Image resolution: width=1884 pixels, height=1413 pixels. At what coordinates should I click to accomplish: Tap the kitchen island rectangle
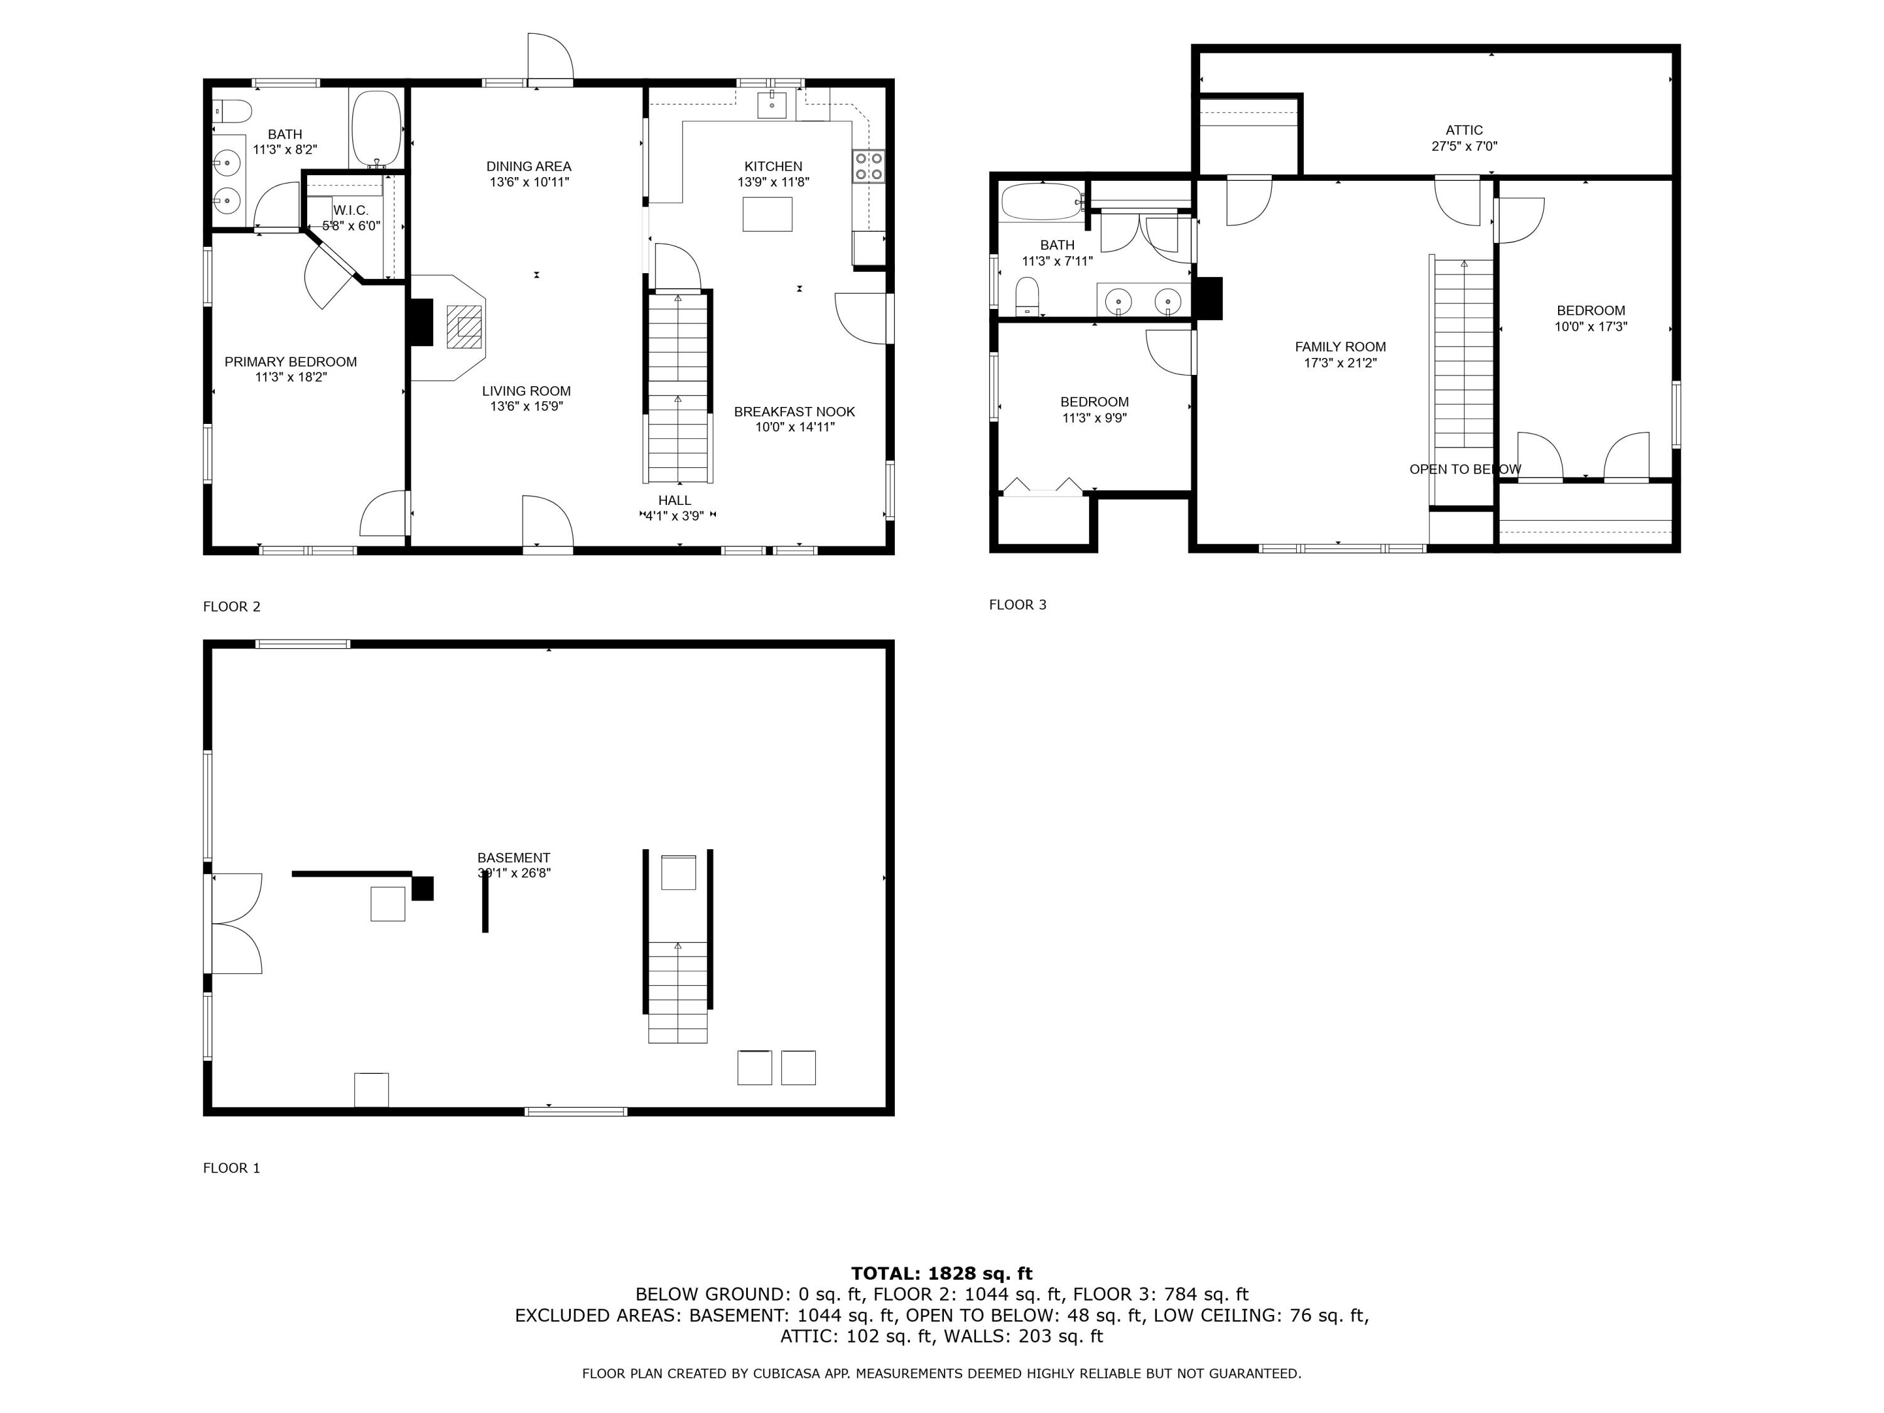click(x=767, y=214)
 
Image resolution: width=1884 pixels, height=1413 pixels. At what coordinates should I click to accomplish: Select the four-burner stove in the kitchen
click(x=868, y=166)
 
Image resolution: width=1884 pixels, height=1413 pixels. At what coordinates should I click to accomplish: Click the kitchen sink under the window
click(x=772, y=104)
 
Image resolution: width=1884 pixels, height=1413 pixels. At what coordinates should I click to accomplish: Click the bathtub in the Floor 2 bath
click(x=376, y=129)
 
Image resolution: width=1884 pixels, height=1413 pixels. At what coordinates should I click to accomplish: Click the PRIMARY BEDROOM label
click(x=290, y=362)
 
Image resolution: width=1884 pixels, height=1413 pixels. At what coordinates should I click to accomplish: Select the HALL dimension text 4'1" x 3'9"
click(x=674, y=516)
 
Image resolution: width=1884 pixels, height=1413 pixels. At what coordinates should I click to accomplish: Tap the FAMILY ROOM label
click(x=1340, y=347)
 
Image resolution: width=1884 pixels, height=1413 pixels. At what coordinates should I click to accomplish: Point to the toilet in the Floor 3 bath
click(x=1027, y=296)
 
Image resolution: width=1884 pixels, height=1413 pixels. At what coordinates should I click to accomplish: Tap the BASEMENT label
click(x=514, y=858)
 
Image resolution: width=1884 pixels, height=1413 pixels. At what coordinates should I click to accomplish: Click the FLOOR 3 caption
click(x=1017, y=605)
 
